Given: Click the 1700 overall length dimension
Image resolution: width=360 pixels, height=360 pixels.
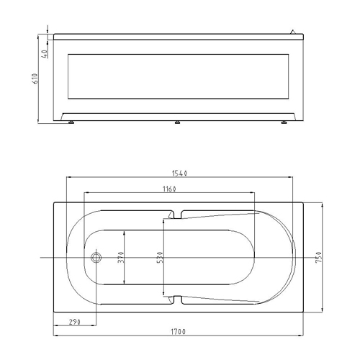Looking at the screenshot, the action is click(178, 331).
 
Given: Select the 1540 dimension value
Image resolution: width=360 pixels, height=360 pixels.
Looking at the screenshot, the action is click(179, 173).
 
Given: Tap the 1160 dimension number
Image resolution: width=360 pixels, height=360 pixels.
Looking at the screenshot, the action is click(169, 189).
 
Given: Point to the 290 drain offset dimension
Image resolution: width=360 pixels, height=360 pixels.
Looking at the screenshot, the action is click(75, 322).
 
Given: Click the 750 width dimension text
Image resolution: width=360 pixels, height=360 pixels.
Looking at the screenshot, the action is click(318, 257).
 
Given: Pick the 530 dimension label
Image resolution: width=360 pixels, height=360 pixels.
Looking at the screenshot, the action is click(160, 257).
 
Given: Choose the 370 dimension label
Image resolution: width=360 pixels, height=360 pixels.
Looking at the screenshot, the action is click(121, 257).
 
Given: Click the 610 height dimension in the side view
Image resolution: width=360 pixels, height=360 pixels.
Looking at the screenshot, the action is click(35, 78).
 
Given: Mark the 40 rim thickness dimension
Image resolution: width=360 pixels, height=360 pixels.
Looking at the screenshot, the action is click(45, 54).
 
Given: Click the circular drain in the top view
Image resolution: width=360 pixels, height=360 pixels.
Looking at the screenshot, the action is click(96, 258).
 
